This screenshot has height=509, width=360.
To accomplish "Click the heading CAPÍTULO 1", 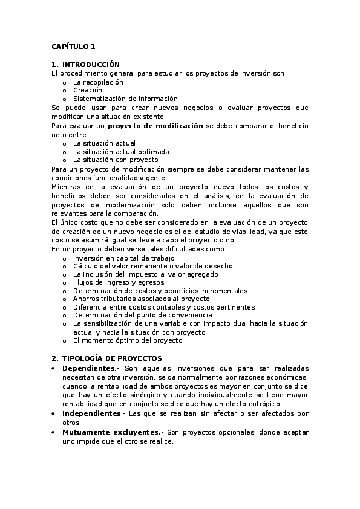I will [x=73, y=47].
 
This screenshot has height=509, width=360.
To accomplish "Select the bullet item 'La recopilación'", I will [x=98, y=82].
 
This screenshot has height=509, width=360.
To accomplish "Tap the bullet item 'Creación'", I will [x=88, y=90].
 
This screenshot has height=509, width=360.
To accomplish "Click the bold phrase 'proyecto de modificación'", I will [x=155, y=126].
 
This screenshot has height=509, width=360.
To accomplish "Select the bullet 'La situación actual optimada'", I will [x=121, y=152].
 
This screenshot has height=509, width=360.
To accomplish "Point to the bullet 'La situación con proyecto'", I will [x=116, y=160].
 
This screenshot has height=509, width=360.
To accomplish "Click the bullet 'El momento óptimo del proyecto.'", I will [x=128, y=340].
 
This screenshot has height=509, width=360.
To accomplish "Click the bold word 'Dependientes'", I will [x=88, y=368].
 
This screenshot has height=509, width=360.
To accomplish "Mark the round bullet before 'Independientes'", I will [x=54, y=413].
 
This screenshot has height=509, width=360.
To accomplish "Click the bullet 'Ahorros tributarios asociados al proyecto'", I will [x=141, y=299].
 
